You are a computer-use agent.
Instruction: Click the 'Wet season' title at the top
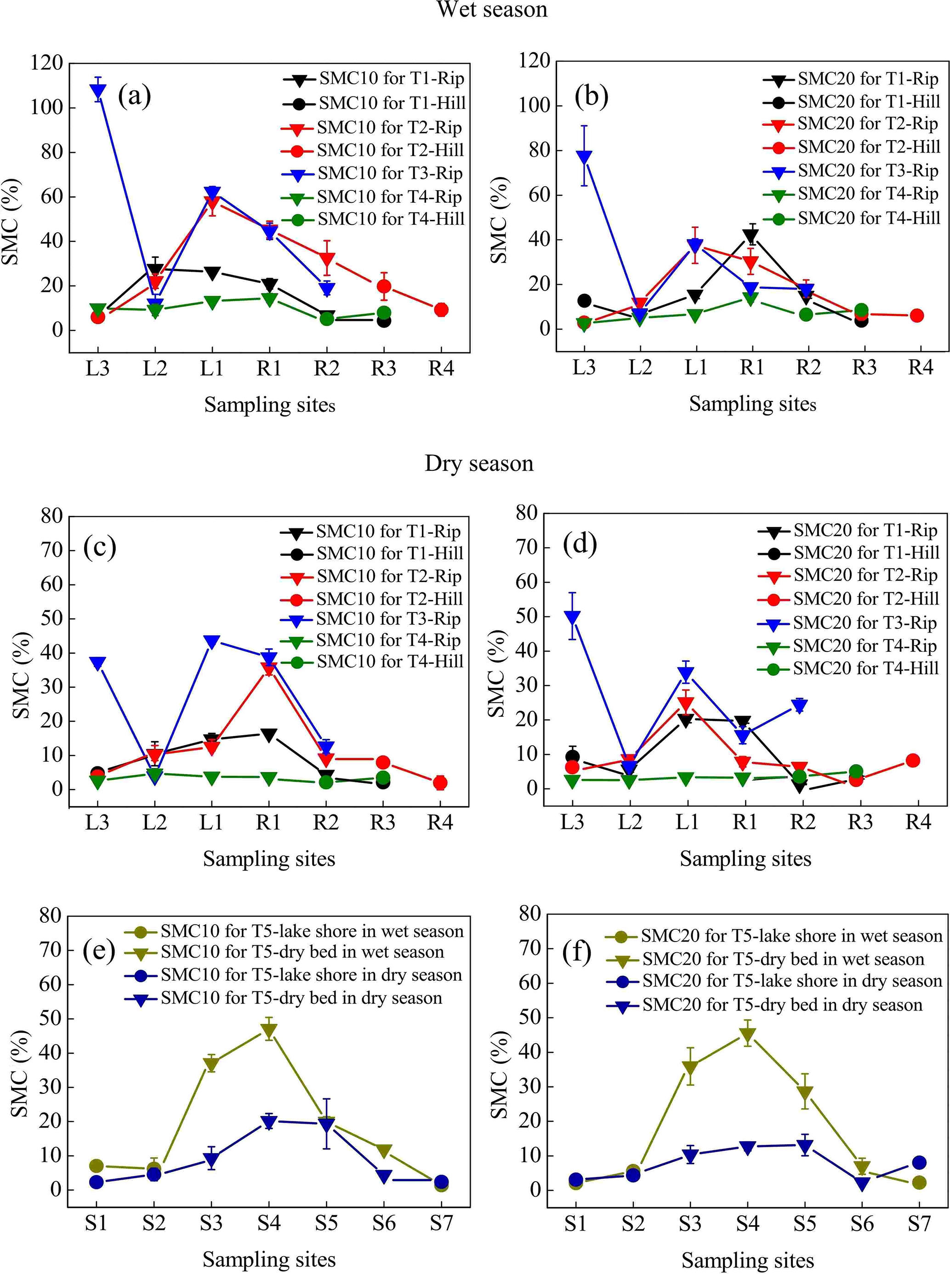(492, 9)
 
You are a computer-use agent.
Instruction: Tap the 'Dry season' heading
(479, 463)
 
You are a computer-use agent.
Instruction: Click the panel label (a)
(134, 96)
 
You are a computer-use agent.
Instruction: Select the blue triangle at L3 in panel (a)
(98, 90)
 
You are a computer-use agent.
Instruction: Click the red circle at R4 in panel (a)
(441, 309)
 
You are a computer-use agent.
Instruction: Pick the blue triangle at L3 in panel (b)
(584, 157)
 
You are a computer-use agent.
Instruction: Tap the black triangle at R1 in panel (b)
(751, 236)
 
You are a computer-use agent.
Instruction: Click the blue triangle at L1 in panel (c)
(211, 641)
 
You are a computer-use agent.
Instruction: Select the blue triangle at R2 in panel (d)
(800, 706)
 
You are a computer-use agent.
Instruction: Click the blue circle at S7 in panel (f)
(919, 1162)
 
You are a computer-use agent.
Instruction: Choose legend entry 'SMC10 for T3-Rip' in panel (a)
(390, 173)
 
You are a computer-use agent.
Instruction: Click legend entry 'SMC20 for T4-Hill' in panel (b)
(868, 218)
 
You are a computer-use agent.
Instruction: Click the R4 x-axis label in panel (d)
(918, 823)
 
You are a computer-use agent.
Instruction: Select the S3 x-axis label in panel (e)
(211, 1223)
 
